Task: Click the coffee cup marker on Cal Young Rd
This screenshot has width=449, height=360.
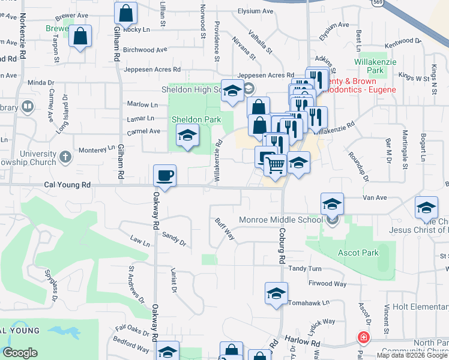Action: (164, 176)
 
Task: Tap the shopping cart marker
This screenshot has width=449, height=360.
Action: (276, 164)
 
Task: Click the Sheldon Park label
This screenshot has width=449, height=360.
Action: (196, 119)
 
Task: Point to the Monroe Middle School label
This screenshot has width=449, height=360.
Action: (281, 220)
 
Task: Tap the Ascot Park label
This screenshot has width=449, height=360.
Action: (358, 253)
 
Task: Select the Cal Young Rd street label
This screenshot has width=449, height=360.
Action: (67, 185)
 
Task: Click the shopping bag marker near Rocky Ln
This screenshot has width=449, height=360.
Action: (125, 13)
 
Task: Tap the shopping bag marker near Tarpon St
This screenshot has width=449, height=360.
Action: (80, 36)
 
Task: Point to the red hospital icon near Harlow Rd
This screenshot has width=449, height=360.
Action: (363, 337)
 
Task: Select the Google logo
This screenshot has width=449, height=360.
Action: (20, 353)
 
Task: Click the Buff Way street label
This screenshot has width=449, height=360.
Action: (225, 229)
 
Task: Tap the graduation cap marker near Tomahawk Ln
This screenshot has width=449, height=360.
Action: (276, 294)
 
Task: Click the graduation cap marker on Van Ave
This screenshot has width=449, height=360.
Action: (331, 204)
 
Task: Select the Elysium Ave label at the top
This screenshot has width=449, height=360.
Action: (255, 11)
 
